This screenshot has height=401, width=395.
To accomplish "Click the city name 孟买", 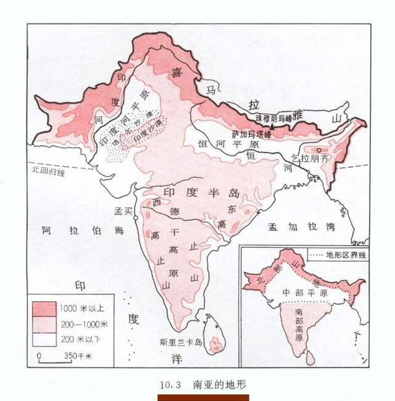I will [124, 211].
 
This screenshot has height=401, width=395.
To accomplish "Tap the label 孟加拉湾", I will [301, 227].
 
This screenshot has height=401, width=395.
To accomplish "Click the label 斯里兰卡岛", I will [179, 343].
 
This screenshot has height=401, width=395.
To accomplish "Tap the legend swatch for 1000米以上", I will [44, 307].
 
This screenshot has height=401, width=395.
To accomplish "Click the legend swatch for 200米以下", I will [44, 337].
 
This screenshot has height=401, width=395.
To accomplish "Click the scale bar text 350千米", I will [77, 357].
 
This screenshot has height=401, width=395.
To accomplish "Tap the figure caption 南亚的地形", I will [219, 384].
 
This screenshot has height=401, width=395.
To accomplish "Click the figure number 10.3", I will [169, 384].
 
